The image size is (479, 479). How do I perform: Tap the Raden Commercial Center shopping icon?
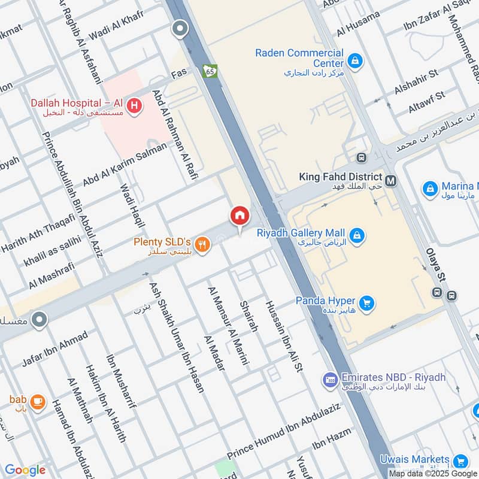click(356, 61)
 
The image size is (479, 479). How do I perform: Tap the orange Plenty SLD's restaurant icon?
click(203, 244)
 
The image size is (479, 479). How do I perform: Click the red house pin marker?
click(239, 216)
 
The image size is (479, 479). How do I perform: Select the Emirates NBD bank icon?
click(329, 378)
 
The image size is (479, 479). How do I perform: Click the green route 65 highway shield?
click(208, 71)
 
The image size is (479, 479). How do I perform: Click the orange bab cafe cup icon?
click(38, 402)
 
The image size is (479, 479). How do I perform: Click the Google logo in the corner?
click(25, 470)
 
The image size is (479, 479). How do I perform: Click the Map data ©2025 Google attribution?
click(433, 473)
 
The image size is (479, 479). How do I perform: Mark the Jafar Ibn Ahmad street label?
click(54, 349)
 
